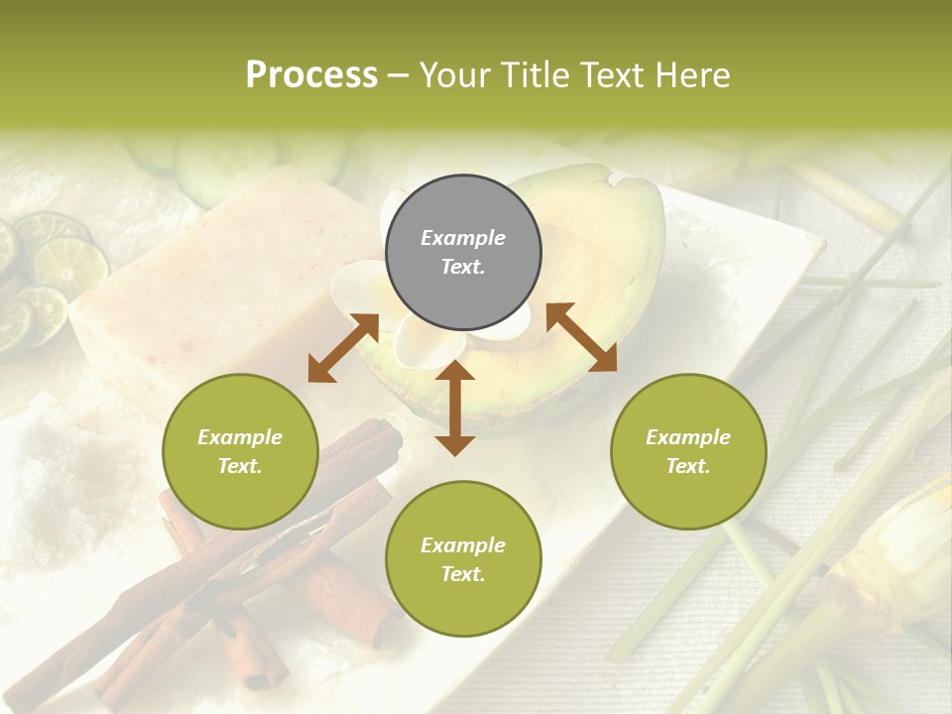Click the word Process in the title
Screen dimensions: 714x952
pos(311,75)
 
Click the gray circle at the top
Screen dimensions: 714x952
pos(463,253)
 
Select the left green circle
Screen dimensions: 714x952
pos(240,451)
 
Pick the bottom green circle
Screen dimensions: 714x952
pos(463,559)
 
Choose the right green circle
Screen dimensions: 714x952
pos(688,451)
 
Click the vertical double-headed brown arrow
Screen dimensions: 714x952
pos(455,408)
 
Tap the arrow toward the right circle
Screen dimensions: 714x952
pos(581,337)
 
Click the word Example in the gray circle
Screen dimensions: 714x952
pos(463,238)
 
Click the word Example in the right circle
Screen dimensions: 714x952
pos(688,437)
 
